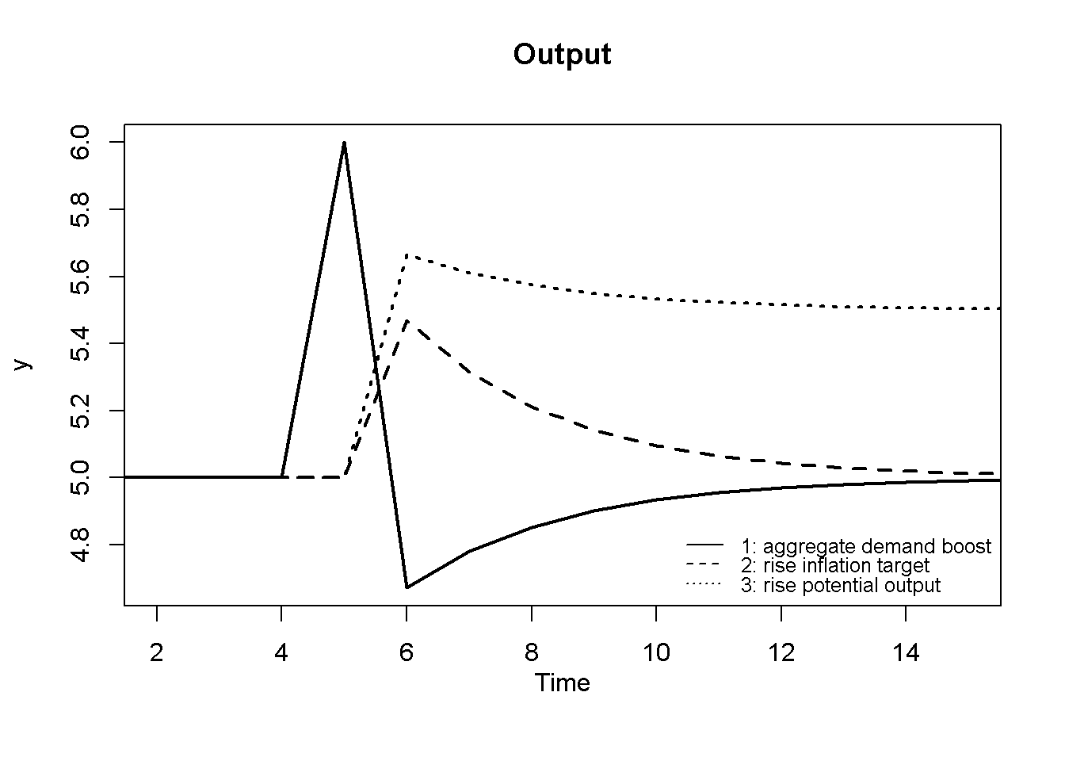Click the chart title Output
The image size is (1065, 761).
click(562, 55)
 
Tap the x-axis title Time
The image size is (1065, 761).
click(562, 683)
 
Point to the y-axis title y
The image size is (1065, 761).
click(24, 364)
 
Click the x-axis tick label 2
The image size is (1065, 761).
click(157, 653)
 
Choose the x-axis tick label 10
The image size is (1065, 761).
click(656, 653)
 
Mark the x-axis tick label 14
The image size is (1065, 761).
click(906, 653)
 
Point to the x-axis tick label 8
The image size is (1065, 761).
click(532, 653)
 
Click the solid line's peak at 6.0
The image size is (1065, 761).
click(344, 143)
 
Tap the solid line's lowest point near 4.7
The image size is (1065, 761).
click(407, 587)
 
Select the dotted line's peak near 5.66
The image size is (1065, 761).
click(407, 255)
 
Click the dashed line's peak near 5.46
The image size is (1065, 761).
click(407, 321)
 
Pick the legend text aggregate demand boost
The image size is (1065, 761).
click(865, 546)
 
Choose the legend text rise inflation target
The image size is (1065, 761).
click(834, 566)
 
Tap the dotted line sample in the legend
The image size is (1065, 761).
click(704, 585)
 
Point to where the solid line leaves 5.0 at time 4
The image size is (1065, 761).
click(282, 477)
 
